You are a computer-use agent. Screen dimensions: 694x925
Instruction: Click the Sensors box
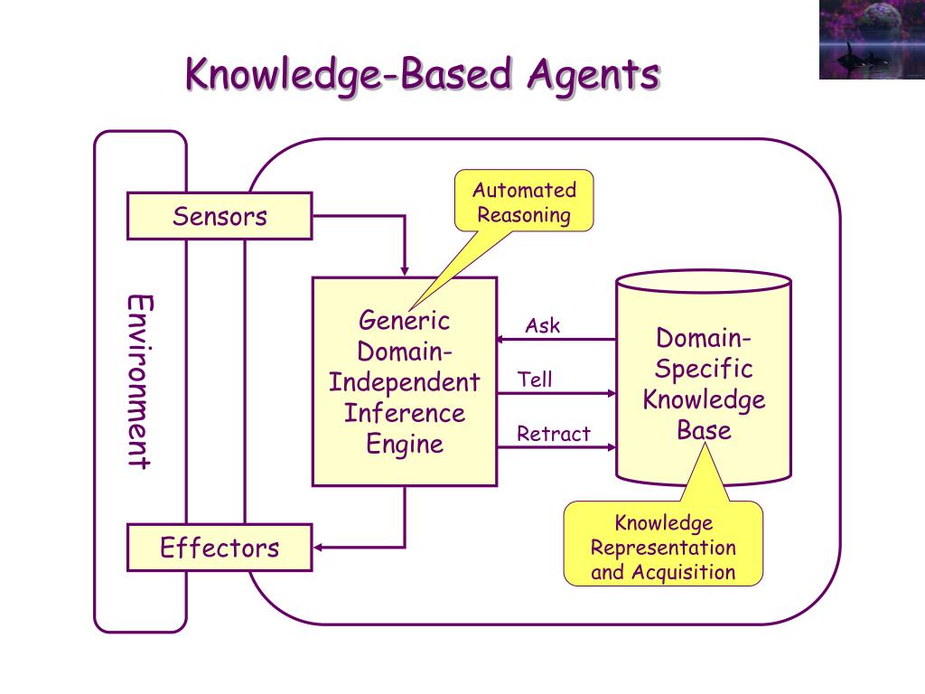220,216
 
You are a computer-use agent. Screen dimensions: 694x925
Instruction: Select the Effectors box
220,548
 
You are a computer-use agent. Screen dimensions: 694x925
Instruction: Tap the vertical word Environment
138,381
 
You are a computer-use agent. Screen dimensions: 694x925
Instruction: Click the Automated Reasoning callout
524,202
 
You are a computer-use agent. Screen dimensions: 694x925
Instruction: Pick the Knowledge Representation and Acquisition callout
663,547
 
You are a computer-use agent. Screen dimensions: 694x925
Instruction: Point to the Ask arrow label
543,326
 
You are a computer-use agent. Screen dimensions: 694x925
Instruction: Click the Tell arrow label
535,380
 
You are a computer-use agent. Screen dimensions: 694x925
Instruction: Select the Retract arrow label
553,434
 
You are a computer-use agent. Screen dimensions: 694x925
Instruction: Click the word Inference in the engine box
404,413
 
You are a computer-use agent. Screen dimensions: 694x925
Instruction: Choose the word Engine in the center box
404,444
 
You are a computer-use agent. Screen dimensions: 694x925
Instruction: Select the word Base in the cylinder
704,429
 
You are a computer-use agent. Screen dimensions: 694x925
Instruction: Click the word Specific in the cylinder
704,369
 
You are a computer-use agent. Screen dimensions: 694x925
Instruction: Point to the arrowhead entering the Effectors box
319,548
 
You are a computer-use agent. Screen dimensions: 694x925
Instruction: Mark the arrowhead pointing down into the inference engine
404,270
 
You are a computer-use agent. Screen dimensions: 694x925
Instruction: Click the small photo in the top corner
871,40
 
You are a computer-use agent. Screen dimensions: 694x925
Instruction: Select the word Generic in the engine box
404,321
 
